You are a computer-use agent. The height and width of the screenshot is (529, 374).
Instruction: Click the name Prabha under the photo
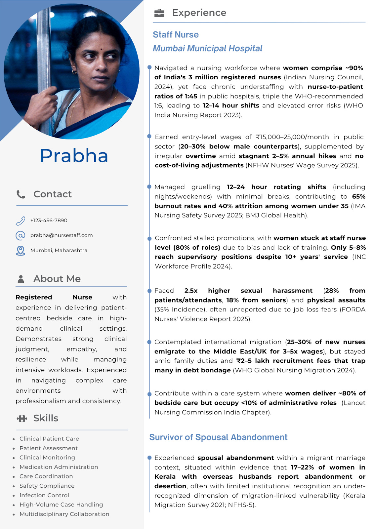(74, 156)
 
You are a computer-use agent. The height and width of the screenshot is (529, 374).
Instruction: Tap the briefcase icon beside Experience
(159, 13)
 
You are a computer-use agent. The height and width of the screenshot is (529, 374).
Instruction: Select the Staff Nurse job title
(176, 35)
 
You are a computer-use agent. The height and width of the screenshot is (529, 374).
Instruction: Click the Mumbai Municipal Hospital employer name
(207, 49)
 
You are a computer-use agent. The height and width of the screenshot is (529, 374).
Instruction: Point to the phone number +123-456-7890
(49, 221)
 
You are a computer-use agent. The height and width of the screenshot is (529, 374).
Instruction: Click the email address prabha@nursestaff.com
(62, 235)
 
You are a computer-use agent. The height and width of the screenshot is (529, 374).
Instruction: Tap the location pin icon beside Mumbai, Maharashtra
(21, 251)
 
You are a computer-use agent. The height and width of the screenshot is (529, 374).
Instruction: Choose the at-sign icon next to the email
(21, 235)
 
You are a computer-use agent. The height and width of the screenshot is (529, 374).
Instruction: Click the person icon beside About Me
(21, 279)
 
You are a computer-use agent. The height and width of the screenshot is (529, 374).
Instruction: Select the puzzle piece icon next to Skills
(22, 419)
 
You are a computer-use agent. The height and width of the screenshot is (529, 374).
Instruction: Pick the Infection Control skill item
(44, 495)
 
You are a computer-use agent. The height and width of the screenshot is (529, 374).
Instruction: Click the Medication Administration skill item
(59, 467)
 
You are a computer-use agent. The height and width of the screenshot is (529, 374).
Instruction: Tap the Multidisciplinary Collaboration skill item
(64, 514)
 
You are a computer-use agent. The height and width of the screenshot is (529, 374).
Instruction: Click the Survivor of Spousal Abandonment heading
(218, 437)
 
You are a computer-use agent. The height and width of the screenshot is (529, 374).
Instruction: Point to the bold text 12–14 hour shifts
(231, 106)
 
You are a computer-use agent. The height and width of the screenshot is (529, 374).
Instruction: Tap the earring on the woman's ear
(74, 72)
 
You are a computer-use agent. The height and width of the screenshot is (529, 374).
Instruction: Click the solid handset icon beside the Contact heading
(21, 194)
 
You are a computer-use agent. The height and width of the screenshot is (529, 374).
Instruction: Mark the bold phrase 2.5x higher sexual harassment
(248, 291)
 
